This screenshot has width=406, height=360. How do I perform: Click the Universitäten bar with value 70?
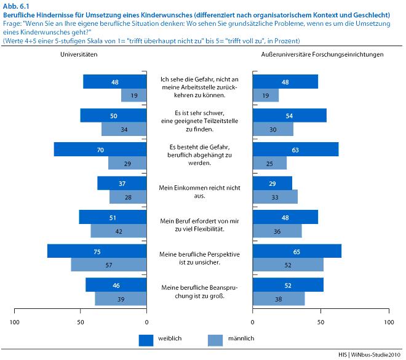click(100, 149)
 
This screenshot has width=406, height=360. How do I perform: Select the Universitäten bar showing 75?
click(97, 251)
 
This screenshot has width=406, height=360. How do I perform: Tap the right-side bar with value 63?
click(295, 149)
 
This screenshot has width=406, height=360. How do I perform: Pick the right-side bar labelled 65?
click(297, 251)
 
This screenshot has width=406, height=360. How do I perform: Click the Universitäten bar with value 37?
click(122, 183)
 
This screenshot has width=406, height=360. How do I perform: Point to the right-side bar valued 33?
click(275, 196)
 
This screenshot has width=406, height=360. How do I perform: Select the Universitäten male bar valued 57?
click(109, 264)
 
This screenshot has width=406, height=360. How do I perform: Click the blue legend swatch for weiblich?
click(146, 339)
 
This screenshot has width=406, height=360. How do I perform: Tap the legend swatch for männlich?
click(215, 339)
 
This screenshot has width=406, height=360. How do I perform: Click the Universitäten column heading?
click(79, 55)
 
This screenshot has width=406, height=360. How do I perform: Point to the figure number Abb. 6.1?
click(15, 6)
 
